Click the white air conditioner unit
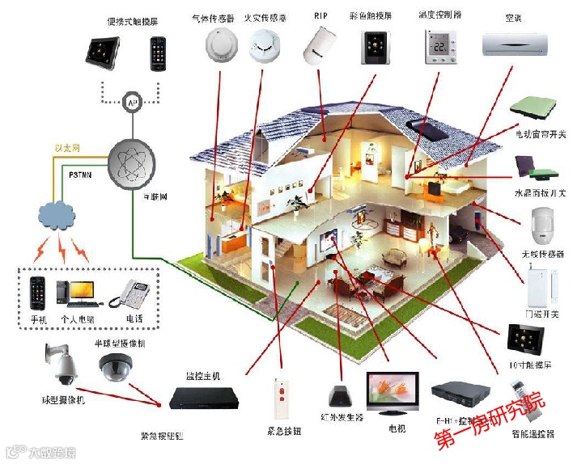(516, 44)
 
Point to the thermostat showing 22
(441, 47)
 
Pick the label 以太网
(67, 148)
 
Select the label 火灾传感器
(265, 16)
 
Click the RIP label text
(320, 16)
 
